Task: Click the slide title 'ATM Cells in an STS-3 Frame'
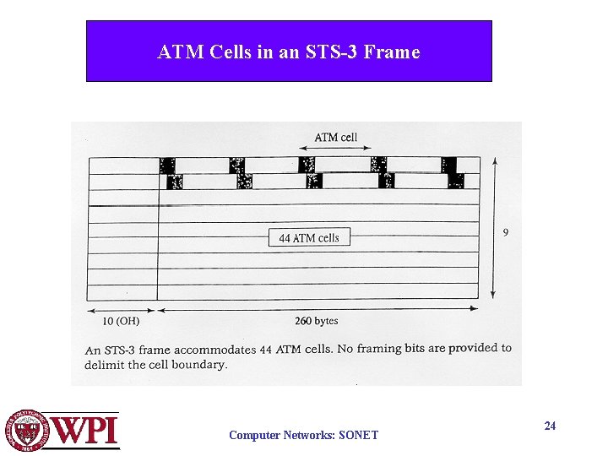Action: point(288,52)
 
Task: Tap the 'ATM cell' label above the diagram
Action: point(336,137)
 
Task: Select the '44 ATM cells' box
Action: point(309,238)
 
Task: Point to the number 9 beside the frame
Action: point(506,232)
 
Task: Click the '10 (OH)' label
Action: point(120,320)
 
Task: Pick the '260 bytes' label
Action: point(317,320)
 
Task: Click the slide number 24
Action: point(550,426)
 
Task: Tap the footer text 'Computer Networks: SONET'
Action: point(304,436)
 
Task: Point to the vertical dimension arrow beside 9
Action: point(492,228)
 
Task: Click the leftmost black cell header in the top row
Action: point(167,165)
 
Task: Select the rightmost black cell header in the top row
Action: point(448,165)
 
